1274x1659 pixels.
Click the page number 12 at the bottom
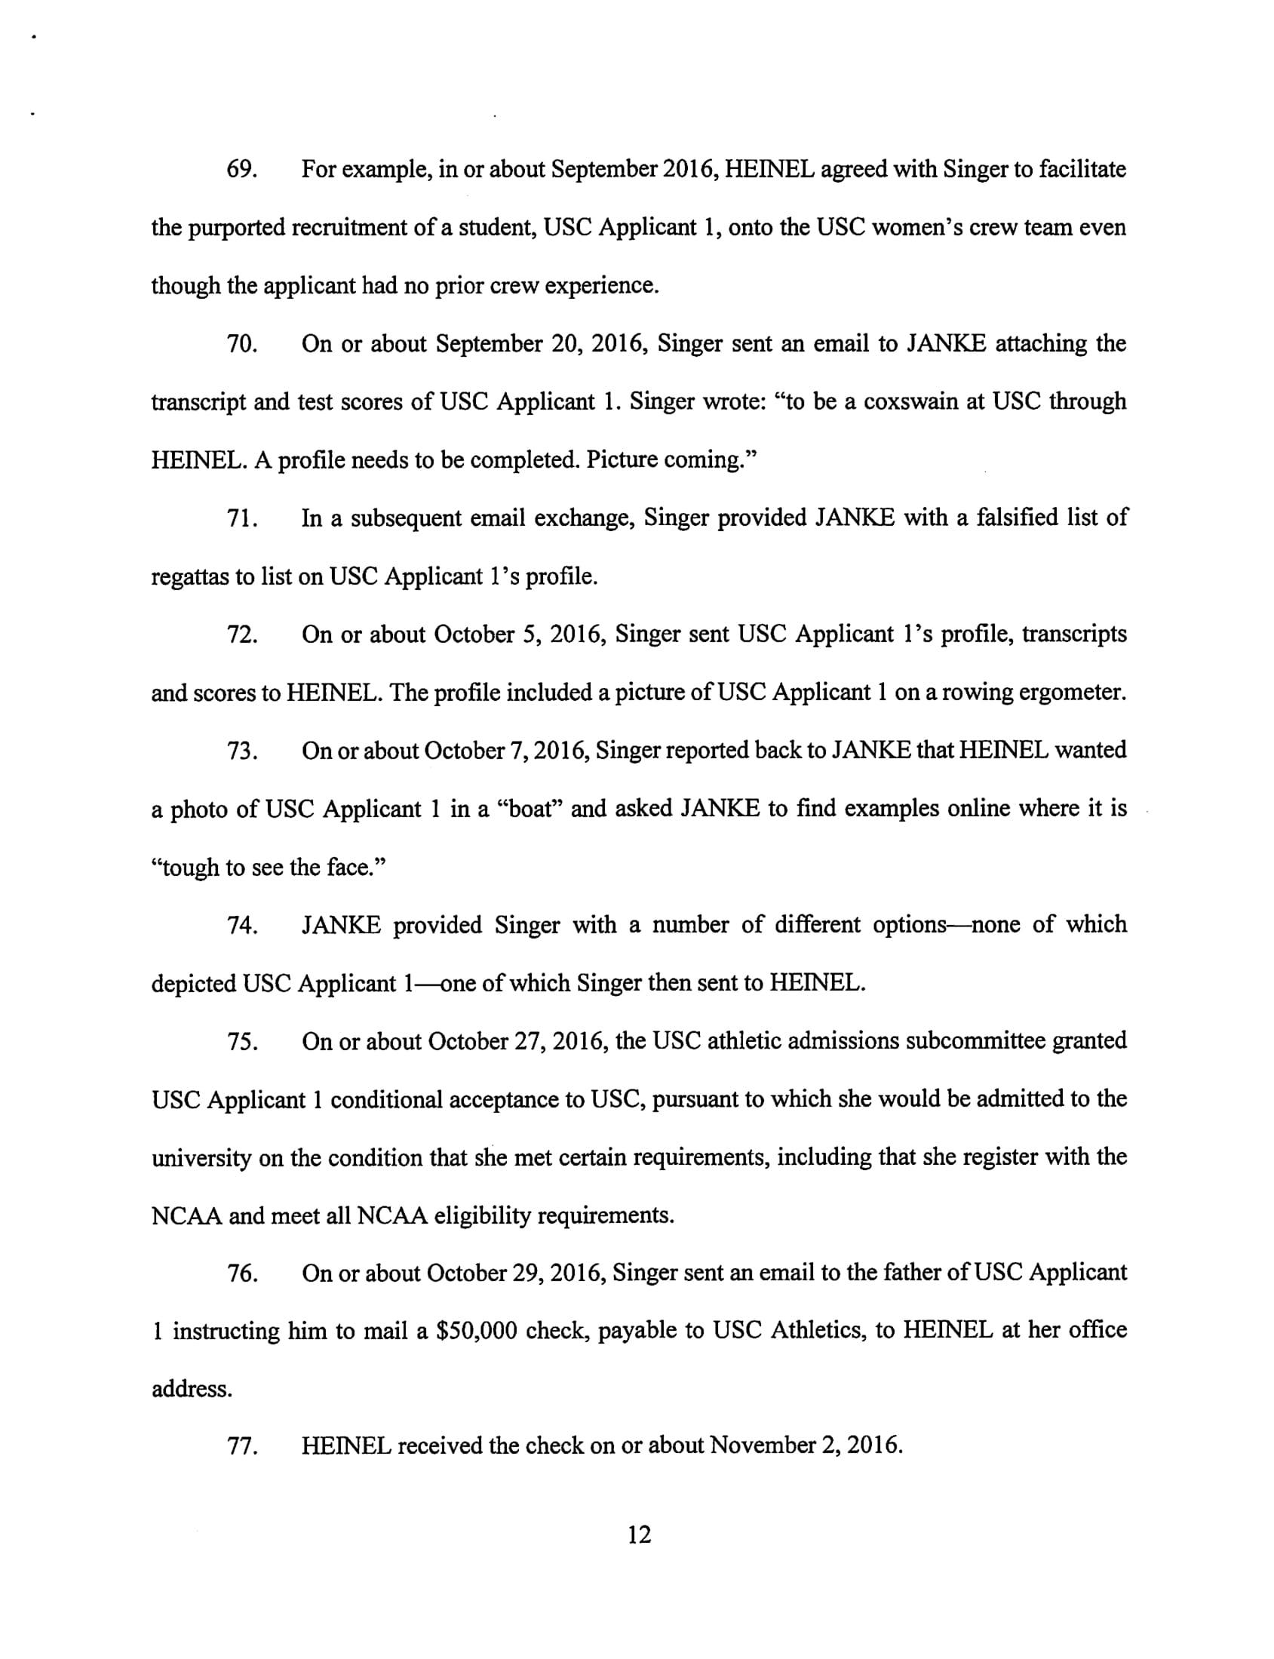coord(640,1535)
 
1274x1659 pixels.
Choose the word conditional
coord(386,1099)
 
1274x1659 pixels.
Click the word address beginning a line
coord(191,1389)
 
